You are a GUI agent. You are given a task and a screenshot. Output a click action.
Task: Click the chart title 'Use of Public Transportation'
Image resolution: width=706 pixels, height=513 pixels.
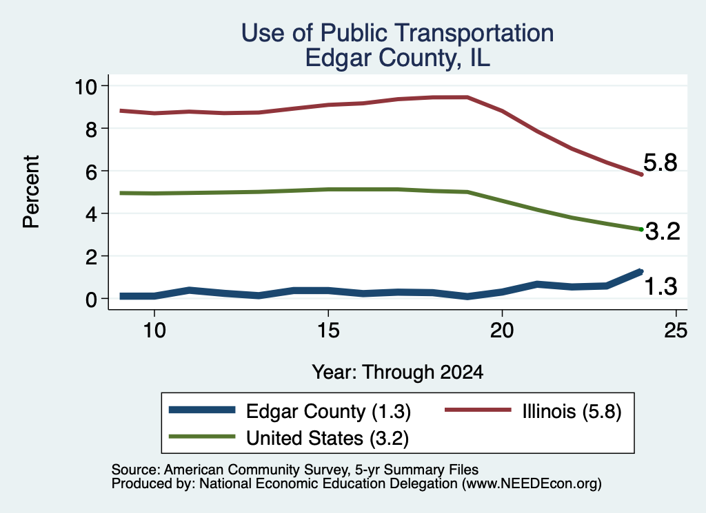[x=397, y=33]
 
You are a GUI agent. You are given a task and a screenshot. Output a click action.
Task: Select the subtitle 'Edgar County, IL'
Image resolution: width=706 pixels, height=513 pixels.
[x=397, y=58]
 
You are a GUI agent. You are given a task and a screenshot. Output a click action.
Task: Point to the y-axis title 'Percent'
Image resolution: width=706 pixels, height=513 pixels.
[x=31, y=191]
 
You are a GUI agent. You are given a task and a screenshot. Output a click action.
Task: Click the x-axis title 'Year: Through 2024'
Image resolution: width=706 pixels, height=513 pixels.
[x=397, y=373]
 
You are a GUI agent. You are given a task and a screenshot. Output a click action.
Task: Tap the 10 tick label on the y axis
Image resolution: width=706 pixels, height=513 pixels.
[x=85, y=86]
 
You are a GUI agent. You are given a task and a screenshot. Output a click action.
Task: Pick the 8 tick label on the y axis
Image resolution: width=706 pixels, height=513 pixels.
[x=92, y=129]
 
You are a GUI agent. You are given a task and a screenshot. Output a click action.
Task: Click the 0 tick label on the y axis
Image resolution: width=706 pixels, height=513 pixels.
[x=92, y=299]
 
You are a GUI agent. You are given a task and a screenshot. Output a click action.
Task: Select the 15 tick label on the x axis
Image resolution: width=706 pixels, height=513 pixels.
[x=328, y=331]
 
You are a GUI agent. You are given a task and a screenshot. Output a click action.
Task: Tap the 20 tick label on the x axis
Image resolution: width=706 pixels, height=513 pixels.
[x=502, y=331]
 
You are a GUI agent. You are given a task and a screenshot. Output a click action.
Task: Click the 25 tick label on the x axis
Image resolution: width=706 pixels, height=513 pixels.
[x=676, y=331]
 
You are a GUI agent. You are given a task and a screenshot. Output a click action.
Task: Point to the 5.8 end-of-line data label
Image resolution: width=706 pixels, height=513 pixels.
[x=660, y=163]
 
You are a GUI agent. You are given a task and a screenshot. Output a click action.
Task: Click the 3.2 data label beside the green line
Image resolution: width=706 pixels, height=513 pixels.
[x=663, y=231]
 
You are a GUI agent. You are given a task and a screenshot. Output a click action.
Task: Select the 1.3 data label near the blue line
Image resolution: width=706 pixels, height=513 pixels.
[x=660, y=286]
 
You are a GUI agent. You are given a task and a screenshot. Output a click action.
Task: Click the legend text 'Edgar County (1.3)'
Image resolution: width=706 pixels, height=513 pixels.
[x=328, y=411]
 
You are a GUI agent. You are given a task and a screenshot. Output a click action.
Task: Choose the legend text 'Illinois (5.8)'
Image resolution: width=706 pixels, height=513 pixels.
[x=572, y=411]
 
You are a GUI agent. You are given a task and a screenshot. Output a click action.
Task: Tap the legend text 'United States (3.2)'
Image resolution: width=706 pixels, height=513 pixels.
[x=327, y=439]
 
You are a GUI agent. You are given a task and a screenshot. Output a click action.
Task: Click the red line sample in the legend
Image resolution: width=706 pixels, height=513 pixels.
[x=478, y=410]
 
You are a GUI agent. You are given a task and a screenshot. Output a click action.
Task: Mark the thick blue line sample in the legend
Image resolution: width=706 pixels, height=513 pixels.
[x=202, y=410]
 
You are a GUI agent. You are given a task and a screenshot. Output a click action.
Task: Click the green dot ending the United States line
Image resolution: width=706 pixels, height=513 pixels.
[x=641, y=229]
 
